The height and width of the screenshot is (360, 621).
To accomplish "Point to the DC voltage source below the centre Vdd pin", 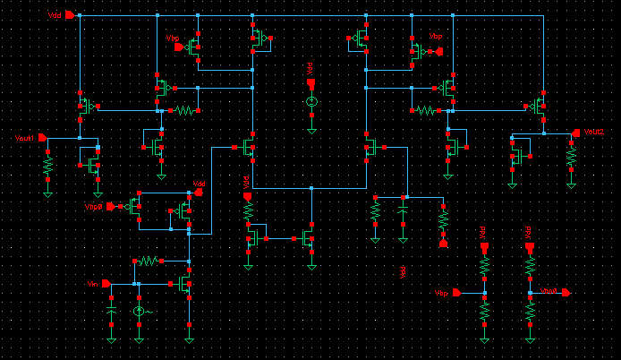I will (310, 103).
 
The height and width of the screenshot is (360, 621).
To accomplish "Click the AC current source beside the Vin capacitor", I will (139, 311).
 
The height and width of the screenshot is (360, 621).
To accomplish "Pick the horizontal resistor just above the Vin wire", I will (149, 261).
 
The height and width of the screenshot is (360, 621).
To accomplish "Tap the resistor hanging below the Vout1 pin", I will (48, 166).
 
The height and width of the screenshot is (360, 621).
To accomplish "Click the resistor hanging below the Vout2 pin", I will (571, 157).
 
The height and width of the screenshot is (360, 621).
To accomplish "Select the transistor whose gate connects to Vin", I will (184, 284).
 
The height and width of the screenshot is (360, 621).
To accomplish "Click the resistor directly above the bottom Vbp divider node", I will (484, 267).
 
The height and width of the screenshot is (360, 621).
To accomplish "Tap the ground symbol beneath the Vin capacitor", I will (111, 339).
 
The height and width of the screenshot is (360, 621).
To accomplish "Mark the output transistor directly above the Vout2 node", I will (539, 107).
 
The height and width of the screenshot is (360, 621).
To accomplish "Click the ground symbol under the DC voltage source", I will (310, 129).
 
